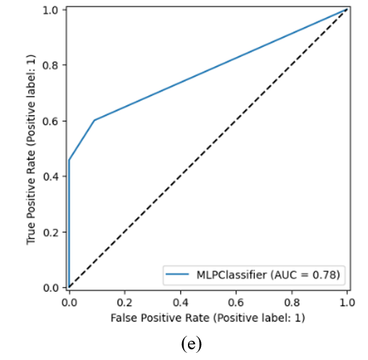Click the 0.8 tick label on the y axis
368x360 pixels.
(x=51, y=65)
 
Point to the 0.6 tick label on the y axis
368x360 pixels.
(x=51, y=121)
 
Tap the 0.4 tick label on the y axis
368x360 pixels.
(x=51, y=176)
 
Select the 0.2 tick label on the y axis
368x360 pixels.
(x=51, y=233)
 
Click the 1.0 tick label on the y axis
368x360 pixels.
(x=51, y=11)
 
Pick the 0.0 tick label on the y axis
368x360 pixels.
(x=51, y=288)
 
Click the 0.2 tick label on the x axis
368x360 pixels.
(x=125, y=302)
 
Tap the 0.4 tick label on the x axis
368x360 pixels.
(x=181, y=302)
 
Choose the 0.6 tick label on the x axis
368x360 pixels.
(x=236, y=302)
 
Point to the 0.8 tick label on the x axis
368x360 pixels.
(x=292, y=302)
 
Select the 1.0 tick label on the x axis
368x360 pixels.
(x=347, y=302)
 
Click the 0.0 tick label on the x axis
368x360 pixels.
(x=69, y=302)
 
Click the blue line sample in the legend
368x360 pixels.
(x=177, y=274)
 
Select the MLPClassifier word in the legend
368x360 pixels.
(x=231, y=275)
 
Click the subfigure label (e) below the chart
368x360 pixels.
(x=191, y=344)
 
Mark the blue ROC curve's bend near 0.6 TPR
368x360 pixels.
(x=95, y=120)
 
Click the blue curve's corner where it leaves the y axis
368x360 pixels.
(x=69, y=160)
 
